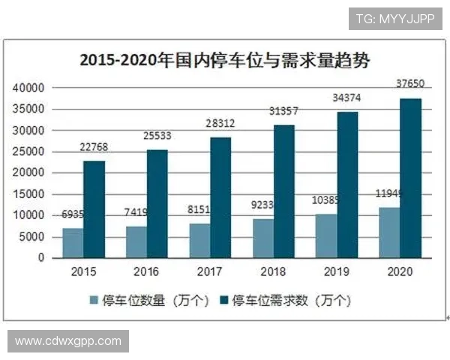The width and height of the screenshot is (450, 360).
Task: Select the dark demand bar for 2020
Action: [x=410, y=178]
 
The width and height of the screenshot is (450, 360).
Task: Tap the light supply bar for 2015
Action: [x=73, y=243]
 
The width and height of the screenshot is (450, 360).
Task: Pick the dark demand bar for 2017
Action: [x=220, y=198]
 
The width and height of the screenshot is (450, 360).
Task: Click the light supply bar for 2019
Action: [x=326, y=235]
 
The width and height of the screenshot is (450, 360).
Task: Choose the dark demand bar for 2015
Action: [x=94, y=209]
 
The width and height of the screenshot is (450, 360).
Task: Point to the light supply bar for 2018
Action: [x=263, y=238]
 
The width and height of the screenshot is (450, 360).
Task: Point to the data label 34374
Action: [x=347, y=97]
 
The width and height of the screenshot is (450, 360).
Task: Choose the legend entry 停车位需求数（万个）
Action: [x=285, y=300]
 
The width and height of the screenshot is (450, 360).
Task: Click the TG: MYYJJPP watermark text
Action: [x=394, y=18]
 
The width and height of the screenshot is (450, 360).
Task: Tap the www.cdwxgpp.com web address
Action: [x=68, y=341]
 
